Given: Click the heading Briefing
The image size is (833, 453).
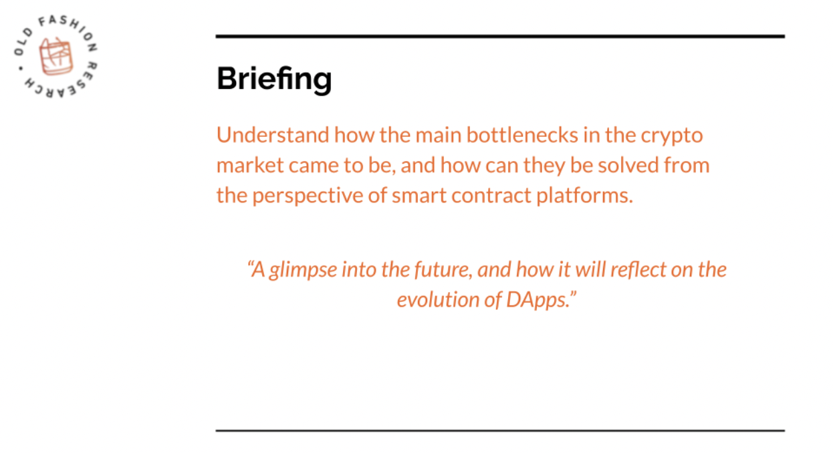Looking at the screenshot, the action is pyautogui.click(x=274, y=79).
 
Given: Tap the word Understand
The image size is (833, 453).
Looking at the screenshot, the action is pyautogui.click(x=273, y=134).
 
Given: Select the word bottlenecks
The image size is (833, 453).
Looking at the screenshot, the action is pyautogui.click(x=522, y=134).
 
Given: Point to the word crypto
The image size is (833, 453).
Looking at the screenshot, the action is pyautogui.click(x=672, y=137).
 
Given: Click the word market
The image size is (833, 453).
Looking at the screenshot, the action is pyautogui.click(x=250, y=165).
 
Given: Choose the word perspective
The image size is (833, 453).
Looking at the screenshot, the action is pyautogui.click(x=308, y=197).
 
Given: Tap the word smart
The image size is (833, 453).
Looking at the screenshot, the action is pyautogui.click(x=419, y=196).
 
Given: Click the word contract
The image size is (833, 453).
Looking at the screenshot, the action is pyautogui.click(x=491, y=196).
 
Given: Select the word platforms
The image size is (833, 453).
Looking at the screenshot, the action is pyautogui.click(x=584, y=197).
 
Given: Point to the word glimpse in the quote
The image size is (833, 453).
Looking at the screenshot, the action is pyautogui.click(x=303, y=271).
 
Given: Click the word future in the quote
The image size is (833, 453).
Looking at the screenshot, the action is pyautogui.click(x=443, y=270).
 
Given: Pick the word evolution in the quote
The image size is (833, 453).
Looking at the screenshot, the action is pyautogui.click(x=438, y=299).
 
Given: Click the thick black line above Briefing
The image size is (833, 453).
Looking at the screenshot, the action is pyautogui.click(x=500, y=37).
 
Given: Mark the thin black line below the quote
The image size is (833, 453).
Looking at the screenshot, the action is pyautogui.click(x=500, y=431).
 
